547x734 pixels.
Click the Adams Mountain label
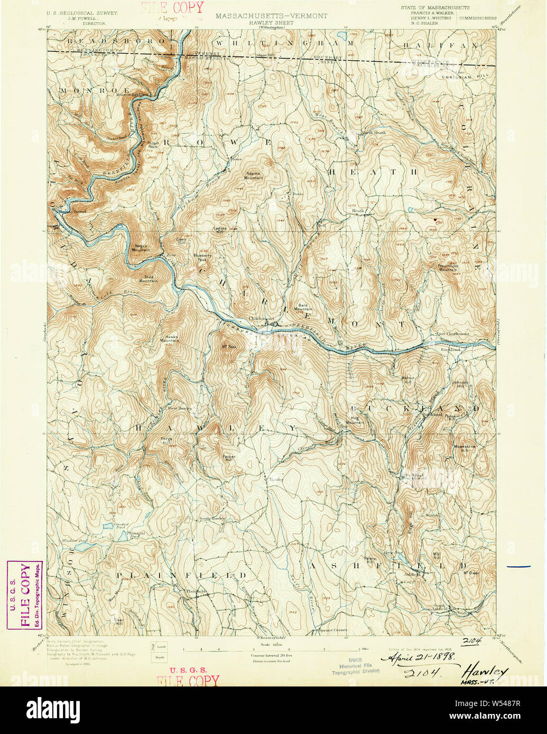point(254,175)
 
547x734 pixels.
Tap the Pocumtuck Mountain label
point(448,267)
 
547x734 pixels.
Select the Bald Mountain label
point(303,307)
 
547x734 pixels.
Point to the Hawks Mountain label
point(171,338)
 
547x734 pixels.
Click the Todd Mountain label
point(149,279)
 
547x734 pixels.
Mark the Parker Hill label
point(228,458)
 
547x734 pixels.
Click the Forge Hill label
point(167,441)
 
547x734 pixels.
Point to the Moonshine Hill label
point(465,448)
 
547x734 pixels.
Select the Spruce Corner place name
point(333,629)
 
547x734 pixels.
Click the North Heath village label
point(374,133)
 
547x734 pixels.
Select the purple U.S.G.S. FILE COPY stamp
point(25,595)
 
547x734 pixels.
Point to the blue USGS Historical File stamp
point(355,668)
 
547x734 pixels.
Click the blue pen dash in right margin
point(518,566)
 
